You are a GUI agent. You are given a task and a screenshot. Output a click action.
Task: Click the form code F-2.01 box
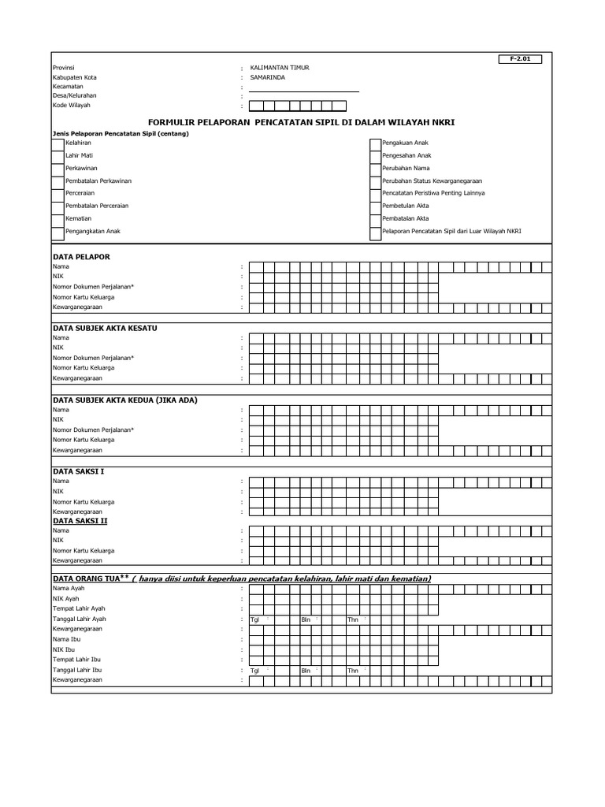(521, 59)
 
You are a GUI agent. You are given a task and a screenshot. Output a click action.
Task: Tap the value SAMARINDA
(269, 77)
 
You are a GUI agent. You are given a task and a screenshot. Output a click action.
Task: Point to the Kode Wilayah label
(72, 105)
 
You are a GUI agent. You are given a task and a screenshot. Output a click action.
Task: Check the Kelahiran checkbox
(58, 143)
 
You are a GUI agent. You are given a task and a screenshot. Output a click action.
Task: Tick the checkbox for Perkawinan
(58, 169)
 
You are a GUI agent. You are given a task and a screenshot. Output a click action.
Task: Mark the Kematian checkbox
(58, 218)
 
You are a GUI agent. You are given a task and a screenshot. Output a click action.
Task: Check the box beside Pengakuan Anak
(375, 143)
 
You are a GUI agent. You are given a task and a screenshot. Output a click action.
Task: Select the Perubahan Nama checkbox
(375, 169)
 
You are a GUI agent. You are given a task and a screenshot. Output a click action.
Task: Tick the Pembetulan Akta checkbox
(375, 206)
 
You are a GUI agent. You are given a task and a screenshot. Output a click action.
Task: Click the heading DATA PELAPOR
(81, 257)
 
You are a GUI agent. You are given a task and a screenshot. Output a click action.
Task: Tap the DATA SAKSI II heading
(80, 521)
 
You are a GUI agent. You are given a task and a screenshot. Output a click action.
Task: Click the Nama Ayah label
(69, 589)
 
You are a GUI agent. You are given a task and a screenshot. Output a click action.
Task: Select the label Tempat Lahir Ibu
(76, 659)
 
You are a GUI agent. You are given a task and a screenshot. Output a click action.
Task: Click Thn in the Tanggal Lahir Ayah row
(353, 619)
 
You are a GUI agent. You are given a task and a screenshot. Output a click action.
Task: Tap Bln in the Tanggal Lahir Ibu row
(306, 671)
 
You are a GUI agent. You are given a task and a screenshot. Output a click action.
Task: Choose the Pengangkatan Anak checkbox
(58, 232)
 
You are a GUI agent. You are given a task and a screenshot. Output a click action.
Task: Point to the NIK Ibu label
(64, 649)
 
